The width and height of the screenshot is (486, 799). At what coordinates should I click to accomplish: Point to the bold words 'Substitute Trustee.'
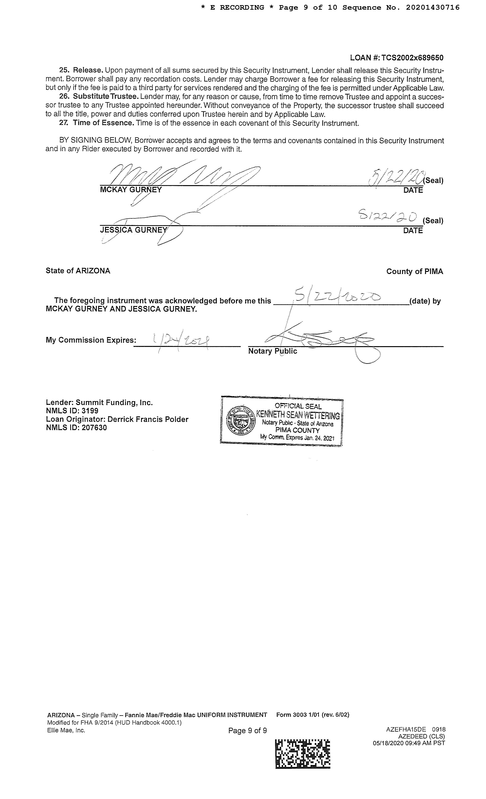click(106, 97)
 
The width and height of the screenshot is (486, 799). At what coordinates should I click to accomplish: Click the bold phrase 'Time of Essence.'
click(103, 123)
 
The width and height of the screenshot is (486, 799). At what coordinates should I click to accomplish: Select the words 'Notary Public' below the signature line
click(272, 351)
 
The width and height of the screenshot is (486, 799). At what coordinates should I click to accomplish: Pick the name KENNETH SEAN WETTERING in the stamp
click(298, 415)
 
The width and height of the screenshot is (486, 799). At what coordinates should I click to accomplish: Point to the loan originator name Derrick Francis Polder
click(148, 419)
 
